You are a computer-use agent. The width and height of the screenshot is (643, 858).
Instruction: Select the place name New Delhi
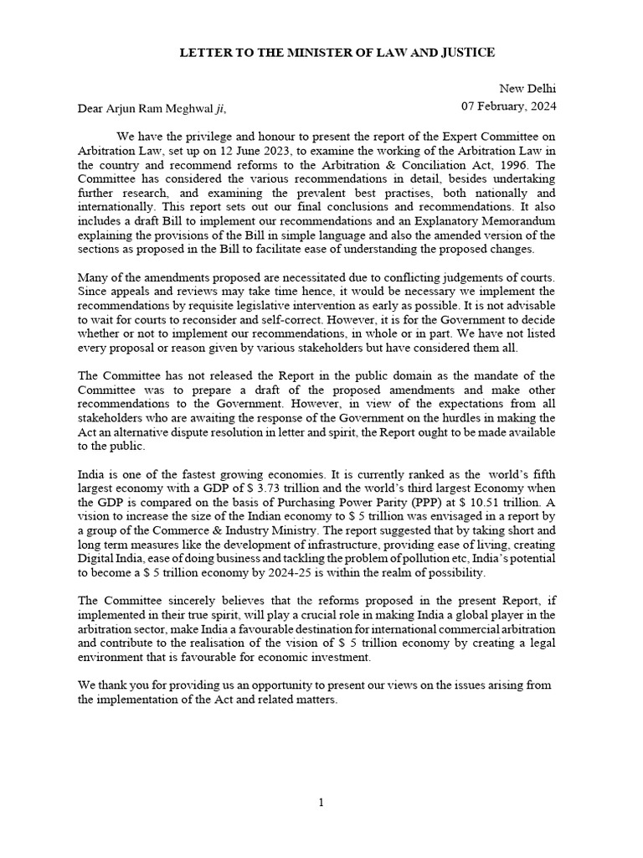[527, 89]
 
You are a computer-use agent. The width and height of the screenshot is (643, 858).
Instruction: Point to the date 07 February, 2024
[509, 107]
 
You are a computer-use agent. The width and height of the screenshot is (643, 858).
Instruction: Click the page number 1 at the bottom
[321, 803]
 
